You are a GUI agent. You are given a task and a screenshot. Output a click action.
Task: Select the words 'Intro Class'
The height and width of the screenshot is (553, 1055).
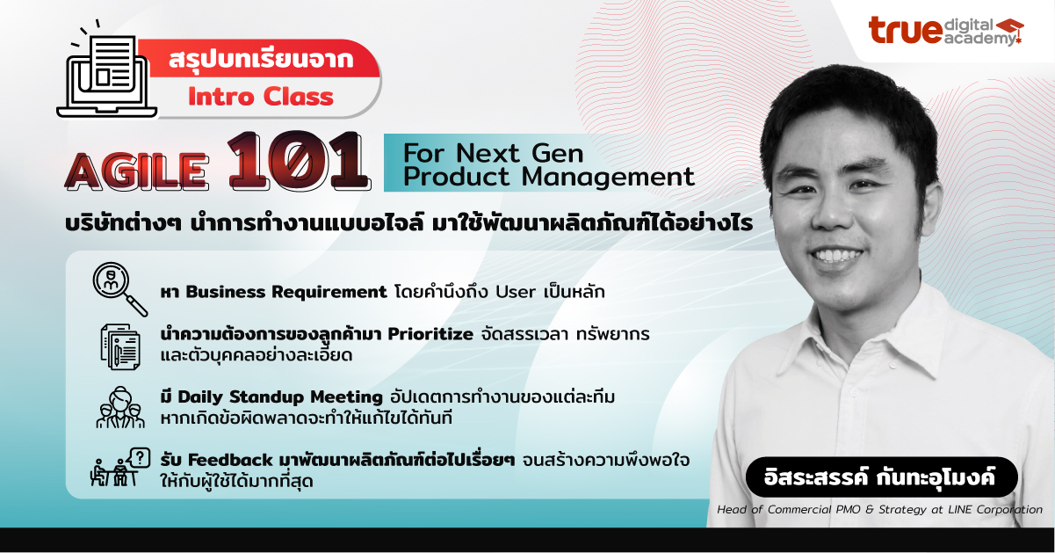261,96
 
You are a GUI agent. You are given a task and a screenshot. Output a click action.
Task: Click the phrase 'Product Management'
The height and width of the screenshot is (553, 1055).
548,177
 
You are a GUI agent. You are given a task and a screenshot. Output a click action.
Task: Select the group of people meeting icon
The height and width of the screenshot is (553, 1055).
120,407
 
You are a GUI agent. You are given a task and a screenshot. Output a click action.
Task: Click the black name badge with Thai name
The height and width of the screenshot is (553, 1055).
881,479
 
